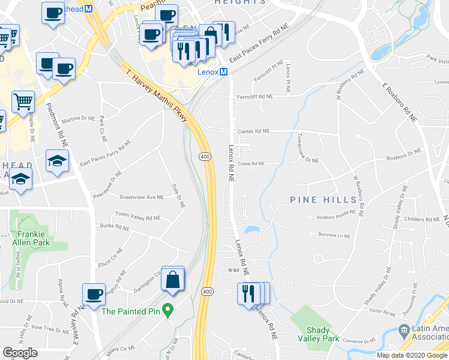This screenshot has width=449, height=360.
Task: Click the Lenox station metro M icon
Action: pyautogui.click(x=223, y=71)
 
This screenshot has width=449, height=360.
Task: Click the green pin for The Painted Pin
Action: pyautogui.click(x=169, y=311)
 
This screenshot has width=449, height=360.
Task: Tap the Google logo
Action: pyautogui.click(x=20, y=353)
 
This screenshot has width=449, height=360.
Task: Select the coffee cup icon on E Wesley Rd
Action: pyautogui.click(x=94, y=295)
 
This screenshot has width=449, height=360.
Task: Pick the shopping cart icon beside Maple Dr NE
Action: pyautogui.click(x=23, y=101)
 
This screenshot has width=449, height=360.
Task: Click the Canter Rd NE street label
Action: pyautogui.click(x=253, y=131)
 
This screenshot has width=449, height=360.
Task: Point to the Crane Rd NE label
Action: pyautogui.click(x=251, y=163)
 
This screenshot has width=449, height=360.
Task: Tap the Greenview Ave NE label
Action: pyautogui.click(x=142, y=197)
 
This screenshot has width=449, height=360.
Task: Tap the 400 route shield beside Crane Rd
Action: pyautogui.click(x=204, y=157)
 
